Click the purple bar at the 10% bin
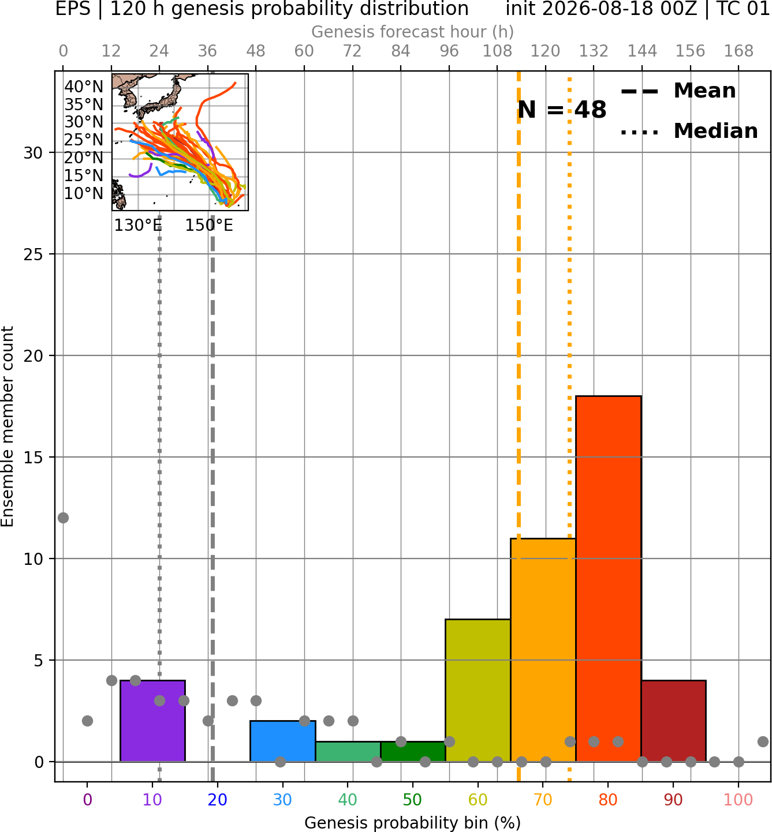[152, 721]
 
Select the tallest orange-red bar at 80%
[609, 578]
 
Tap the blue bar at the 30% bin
[282, 741]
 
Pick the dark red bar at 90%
[673, 721]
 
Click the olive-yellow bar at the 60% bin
[478, 690]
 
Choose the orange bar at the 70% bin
[543, 650]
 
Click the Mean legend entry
[678, 91]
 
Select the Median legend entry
[689, 132]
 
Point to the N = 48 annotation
[562, 110]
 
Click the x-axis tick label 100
[739, 800]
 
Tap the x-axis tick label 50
[412, 800]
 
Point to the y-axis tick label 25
[33, 254]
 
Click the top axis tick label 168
[739, 51]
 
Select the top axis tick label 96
[449, 51]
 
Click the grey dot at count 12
[64, 518]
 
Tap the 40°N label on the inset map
[84, 87]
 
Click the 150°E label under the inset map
[209, 226]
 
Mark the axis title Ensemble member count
[7, 426]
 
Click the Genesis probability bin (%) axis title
[412, 823]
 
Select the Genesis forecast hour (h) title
[412, 32]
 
